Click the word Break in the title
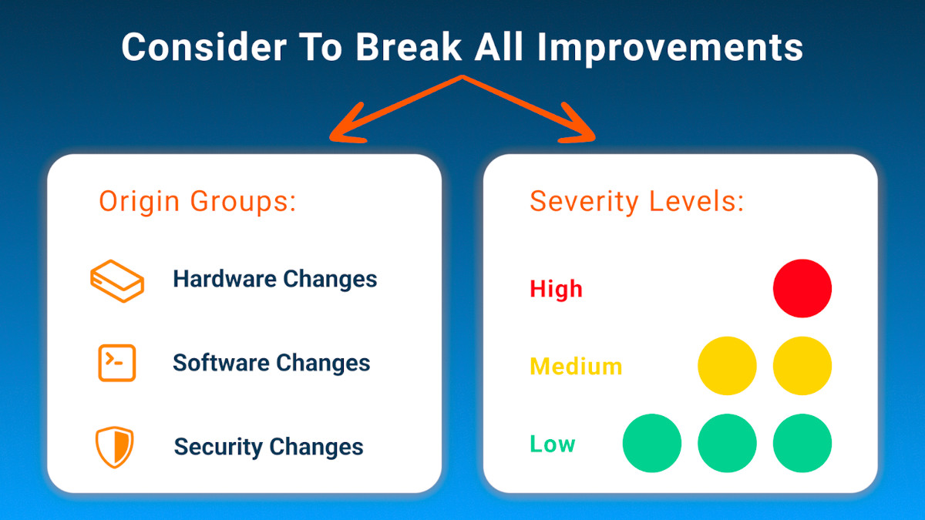408,47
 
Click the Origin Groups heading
197,202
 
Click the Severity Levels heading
637,202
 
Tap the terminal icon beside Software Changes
117,363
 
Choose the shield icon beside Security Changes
115,447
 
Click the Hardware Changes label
275,279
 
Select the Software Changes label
271,363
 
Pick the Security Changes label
268,447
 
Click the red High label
556,290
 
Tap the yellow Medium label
576,366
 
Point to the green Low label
552,444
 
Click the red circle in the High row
802,288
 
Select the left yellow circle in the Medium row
727,366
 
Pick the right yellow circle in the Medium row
802,366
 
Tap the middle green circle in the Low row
727,444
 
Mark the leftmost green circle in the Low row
652,444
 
